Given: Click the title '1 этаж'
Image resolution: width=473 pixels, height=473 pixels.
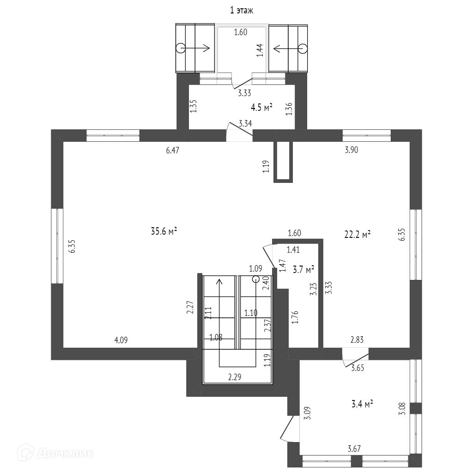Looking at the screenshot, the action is pos(242,10).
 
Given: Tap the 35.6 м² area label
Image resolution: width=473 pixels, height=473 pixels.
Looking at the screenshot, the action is pos(164,231).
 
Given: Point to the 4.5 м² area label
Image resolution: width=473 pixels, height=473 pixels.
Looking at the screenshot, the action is pos(261,108).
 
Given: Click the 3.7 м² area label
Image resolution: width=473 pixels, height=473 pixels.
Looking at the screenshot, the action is pos(303,268).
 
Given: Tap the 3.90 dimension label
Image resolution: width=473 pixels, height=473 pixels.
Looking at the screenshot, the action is pos(352,150).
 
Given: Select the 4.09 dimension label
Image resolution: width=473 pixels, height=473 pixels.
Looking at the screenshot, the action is pos(121,340).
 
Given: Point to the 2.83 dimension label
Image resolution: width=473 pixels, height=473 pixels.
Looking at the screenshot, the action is pos(357,340).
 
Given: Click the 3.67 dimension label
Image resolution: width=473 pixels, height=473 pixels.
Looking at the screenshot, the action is pos(354,448).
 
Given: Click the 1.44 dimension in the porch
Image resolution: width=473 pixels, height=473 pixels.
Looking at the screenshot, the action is pos(260,50).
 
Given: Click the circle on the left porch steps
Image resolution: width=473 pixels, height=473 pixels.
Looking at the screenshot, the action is pos(180,48).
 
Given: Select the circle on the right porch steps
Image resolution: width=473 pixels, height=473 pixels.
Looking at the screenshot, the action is pos(303,48).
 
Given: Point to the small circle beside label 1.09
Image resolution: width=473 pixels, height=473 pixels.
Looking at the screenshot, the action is pos(256,279).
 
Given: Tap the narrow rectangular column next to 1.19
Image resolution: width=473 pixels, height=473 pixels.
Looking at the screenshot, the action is pos(283,161).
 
